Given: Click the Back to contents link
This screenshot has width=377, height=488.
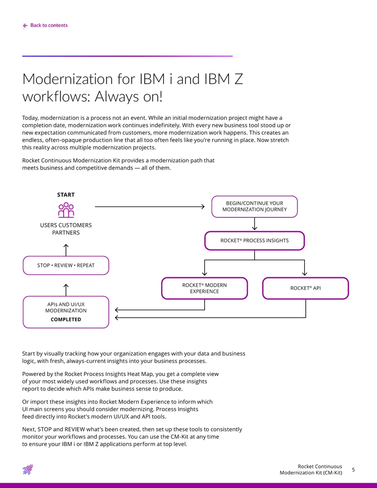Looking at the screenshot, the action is pyautogui.click(x=45, y=25).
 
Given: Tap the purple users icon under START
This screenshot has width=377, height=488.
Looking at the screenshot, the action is pyautogui.click(x=66, y=210).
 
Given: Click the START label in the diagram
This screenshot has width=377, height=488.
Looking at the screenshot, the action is pyautogui.click(x=66, y=195).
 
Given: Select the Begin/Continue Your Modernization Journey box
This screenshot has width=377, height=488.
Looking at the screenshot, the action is pyautogui.click(x=254, y=207).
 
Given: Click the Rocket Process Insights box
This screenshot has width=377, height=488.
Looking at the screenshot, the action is pyautogui.click(x=254, y=240).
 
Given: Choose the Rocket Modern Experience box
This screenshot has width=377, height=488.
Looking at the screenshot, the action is pyautogui.click(x=205, y=288).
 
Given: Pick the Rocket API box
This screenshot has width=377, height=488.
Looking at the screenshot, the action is pyautogui.click(x=305, y=288).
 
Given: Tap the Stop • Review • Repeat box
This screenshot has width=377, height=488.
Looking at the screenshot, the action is pyautogui.click(x=66, y=265).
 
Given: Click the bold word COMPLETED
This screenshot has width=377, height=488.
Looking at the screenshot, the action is pyautogui.click(x=66, y=320).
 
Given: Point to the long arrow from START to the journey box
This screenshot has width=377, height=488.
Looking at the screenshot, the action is pyautogui.click(x=149, y=207).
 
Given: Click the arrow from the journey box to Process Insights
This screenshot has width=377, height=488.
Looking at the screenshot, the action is pyautogui.click(x=254, y=224).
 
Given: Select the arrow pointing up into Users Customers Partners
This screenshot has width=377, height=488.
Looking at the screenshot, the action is pyautogui.click(x=66, y=250).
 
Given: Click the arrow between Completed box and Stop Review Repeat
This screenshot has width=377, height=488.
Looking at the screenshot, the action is pyautogui.click(x=66, y=290).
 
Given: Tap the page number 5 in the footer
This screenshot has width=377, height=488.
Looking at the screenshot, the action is pyautogui.click(x=353, y=470).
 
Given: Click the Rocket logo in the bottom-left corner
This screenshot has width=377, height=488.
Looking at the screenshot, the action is pyautogui.click(x=28, y=469).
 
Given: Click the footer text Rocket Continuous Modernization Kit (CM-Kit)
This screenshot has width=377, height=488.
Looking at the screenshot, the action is pyautogui.click(x=311, y=470).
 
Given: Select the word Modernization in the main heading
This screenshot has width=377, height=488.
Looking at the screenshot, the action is pyautogui.click(x=67, y=79).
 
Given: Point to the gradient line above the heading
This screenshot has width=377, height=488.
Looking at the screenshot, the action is pyautogui.click(x=128, y=56).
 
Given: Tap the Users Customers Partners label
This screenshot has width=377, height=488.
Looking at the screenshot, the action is pyautogui.click(x=66, y=229).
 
